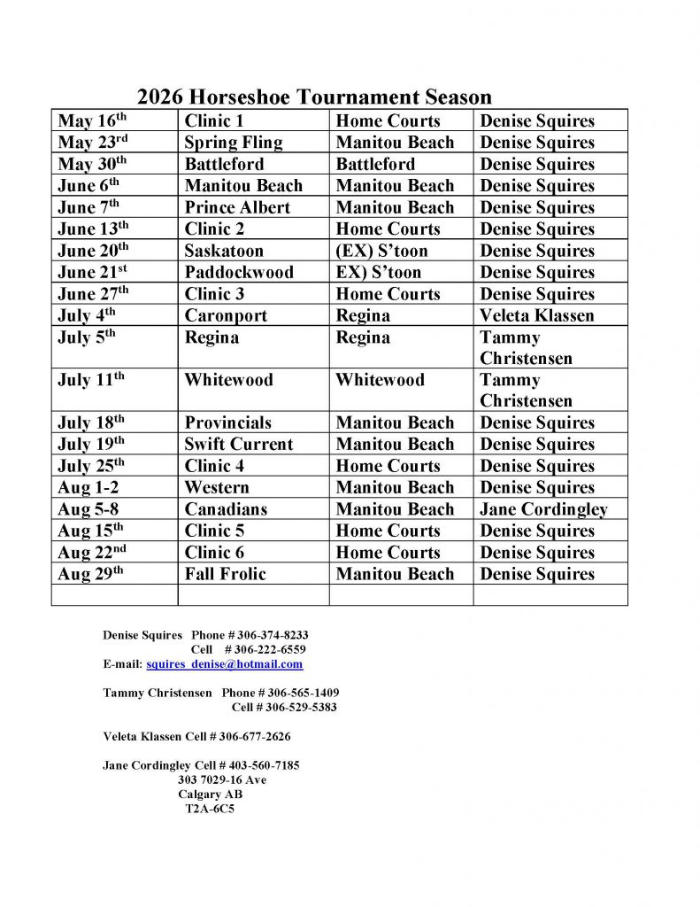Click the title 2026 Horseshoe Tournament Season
[x=314, y=97]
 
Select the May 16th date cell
[x=93, y=121]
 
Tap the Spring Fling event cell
[x=234, y=143]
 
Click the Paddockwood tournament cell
[x=239, y=272]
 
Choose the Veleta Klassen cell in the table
[x=537, y=315]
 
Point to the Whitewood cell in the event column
[x=228, y=380]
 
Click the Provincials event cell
[x=228, y=422]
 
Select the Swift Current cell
[x=238, y=445]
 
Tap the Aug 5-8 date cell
[x=88, y=509]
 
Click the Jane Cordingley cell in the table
[x=543, y=509]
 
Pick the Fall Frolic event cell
[x=225, y=574]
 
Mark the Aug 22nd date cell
[x=93, y=553]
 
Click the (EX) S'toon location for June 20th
[x=381, y=251]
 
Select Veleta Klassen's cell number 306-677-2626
[x=254, y=736]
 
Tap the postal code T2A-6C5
[x=210, y=809]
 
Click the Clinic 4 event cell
[x=224, y=466]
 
